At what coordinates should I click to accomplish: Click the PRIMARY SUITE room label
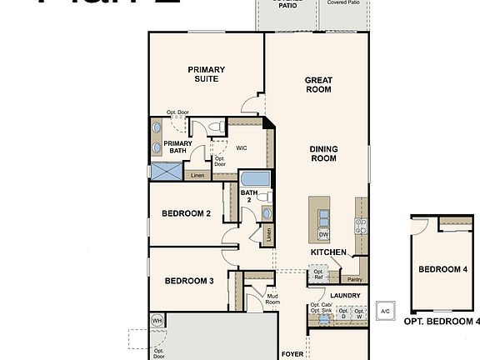(202, 74)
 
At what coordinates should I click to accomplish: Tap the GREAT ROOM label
(318, 86)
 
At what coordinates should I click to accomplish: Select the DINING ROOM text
(323, 153)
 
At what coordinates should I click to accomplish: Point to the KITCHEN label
(327, 252)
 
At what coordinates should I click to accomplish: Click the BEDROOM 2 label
(185, 214)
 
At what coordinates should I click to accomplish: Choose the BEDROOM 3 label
(189, 281)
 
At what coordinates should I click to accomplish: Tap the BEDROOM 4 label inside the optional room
(442, 269)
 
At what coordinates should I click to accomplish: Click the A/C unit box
(385, 311)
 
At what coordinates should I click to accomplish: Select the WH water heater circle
(157, 320)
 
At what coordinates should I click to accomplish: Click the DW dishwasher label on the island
(322, 234)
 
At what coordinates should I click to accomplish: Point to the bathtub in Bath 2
(254, 180)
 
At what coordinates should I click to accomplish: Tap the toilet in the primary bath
(216, 127)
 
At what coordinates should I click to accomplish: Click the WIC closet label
(242, 147)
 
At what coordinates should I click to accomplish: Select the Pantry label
(355, 279)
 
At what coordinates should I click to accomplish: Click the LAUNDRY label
(344, 295)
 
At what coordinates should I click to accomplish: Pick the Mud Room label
(272, 298)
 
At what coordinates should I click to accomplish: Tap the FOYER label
(292, 353)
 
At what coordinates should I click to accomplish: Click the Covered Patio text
(342, 3)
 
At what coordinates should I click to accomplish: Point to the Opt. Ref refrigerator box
(317, 272)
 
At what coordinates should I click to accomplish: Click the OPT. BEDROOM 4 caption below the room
(442, 321)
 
